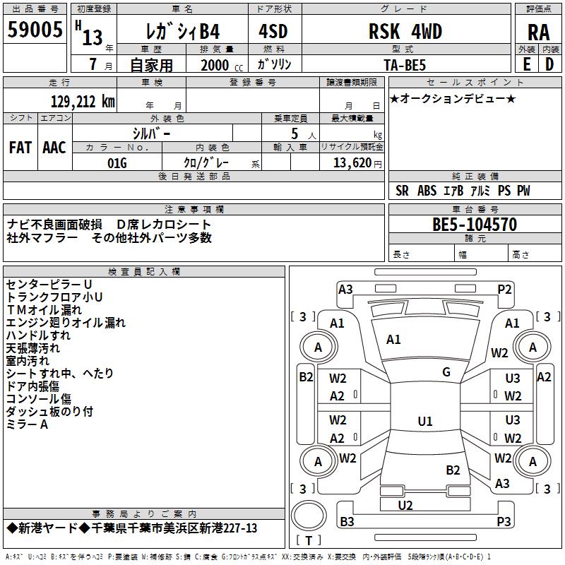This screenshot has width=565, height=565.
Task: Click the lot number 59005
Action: pyautogui.click(x=35, y=30)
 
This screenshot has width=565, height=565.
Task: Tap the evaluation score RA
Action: pyautogui.click(x=538, y=32)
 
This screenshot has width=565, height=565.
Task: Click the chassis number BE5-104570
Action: pyautogui.click(x=474, y=225)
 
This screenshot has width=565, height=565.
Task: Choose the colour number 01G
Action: pyautogui.click(x=117, y=162)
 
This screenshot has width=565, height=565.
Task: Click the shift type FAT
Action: pyautogui.click(x=20, y=148)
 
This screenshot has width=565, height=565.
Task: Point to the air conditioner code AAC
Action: pyautogui.click(x=54, y=148)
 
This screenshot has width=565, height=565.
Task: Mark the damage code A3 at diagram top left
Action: pyautogui.click(x=345, y=289)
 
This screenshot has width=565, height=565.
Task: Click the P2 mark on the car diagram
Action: pyautogui.click(x=504, y=289)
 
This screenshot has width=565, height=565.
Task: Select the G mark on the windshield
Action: pyautogui.click(x=446, y=372)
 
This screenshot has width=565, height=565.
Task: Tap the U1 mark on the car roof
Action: pyautogui.click(x=424, y=422)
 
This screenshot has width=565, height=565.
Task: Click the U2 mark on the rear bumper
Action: pyautogui.click(x=405, y=505)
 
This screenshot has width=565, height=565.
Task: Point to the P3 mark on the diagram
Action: pyautogui.click(x=504, y=522)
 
